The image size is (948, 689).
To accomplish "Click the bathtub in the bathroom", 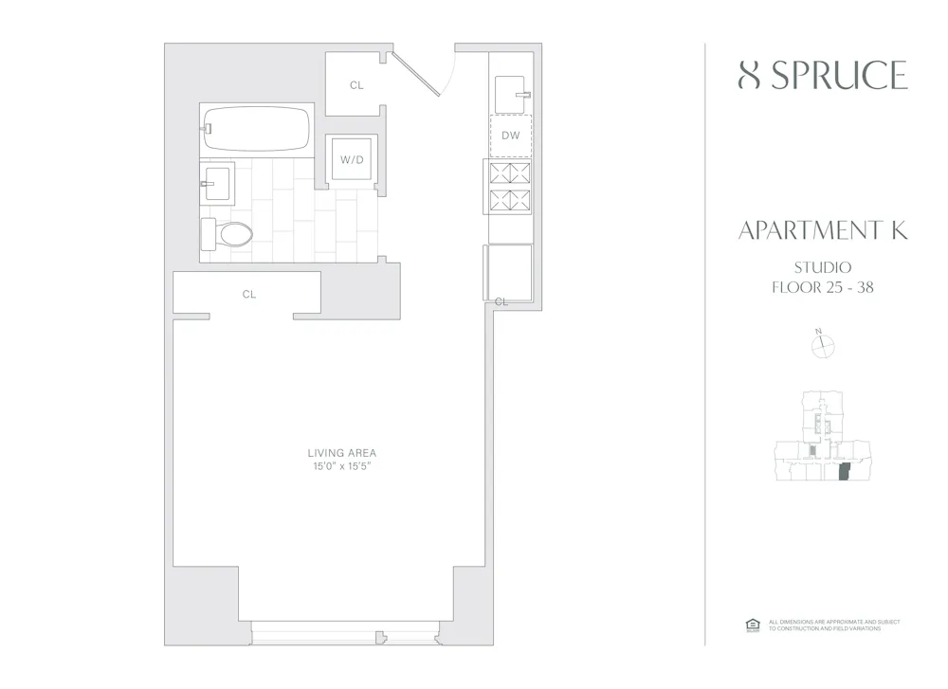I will (256, 130).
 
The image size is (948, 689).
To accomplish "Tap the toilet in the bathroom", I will (228, 233).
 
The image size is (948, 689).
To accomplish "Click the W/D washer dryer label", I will (352, 160).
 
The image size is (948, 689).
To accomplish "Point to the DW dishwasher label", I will (511, 136).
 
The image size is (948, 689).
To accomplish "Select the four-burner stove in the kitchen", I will (510, 188).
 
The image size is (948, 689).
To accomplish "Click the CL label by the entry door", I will (356, 85).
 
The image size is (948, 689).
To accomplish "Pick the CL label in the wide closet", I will (249, 295).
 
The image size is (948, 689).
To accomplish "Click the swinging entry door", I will (417, 74).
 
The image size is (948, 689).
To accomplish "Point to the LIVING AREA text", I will (341, 453).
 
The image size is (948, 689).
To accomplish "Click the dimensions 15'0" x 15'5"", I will (341, 466).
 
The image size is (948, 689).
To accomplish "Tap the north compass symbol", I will (823, 347).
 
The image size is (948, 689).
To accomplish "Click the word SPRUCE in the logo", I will (839, 76).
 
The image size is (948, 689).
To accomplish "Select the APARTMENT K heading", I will (823, 231).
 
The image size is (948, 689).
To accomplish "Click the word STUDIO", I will (823, 268).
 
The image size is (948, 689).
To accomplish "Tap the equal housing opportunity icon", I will (753, 625).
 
